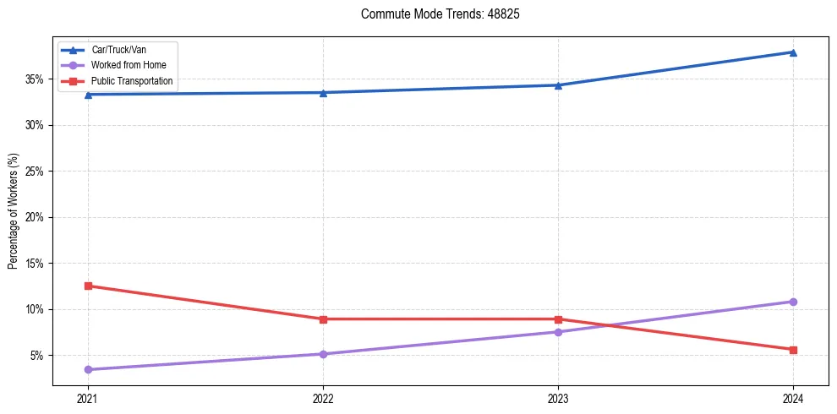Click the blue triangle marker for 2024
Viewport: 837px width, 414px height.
(793, 52)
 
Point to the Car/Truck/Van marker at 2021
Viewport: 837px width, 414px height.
(88, 95)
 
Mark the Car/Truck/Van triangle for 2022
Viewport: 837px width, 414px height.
(323, 93)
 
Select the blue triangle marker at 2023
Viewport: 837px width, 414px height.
(558, 85)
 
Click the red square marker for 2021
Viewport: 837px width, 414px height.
(88, 286)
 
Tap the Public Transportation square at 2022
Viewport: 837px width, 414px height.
(323, 319)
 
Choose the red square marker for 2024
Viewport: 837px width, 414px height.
(793, 350)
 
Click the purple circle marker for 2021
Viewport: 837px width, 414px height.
(88, 369)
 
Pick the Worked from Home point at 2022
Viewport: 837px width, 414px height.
(323, 354)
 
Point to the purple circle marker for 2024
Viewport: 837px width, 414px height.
(793, 302)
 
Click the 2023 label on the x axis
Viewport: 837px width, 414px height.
(558, 398)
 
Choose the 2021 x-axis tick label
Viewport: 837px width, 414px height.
(88, 398)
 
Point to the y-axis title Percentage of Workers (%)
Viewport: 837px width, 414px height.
(14, 211)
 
